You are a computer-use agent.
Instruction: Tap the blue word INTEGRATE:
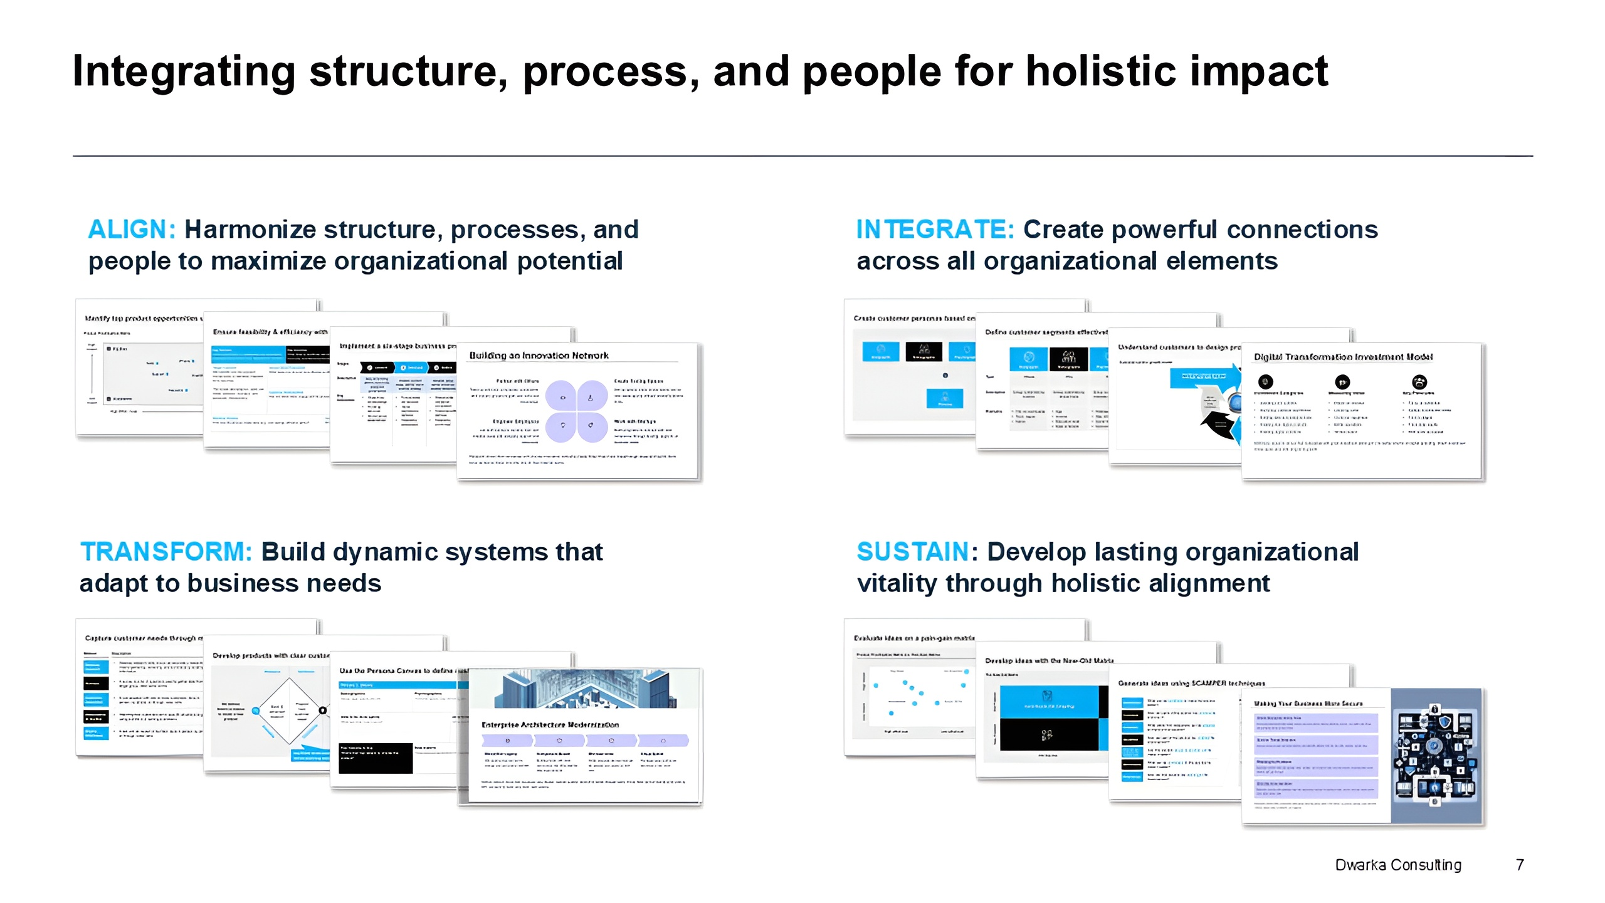(935, 230)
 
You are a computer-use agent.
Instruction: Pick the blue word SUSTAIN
(913, 552)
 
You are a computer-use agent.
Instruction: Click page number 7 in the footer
(1520, 865)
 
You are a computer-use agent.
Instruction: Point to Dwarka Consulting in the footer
(1398, 865)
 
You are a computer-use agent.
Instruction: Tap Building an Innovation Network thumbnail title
(539, 356)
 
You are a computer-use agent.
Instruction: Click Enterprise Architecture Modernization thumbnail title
(550, 724)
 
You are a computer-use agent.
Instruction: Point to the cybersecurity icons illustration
(1434, 756)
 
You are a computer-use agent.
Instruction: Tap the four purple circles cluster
(576, 411)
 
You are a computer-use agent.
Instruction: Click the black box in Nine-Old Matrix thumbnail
(1048, 734)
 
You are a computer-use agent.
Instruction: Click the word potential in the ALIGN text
(570, 261)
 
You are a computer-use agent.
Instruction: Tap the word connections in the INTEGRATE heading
(1302, 230)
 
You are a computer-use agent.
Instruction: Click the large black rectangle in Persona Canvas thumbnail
(376, 758)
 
